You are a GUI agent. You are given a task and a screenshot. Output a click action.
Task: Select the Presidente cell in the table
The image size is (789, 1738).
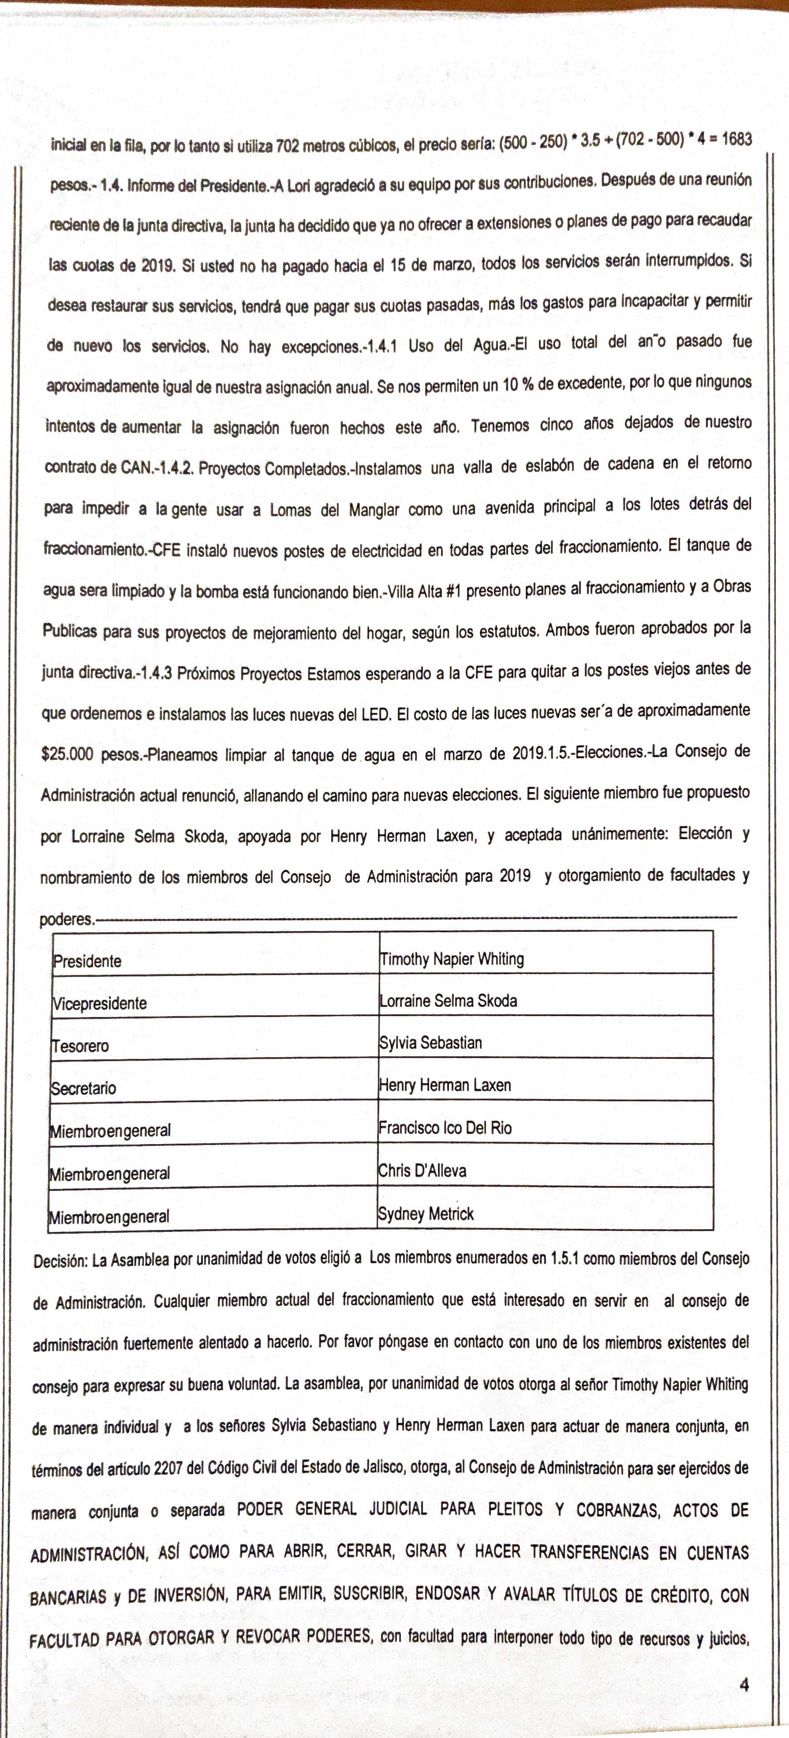88,961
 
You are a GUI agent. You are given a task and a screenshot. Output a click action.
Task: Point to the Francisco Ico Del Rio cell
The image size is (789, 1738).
445,1127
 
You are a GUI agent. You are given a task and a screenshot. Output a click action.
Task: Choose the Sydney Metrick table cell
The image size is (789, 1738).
426,1214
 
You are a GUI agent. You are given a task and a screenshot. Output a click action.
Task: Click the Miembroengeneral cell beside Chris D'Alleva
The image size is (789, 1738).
109,1173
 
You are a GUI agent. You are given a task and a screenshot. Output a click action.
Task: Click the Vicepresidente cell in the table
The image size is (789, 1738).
100,1003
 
